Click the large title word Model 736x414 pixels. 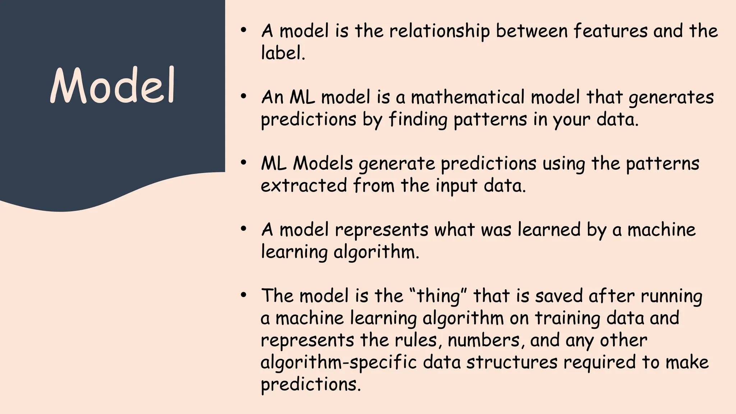point(112,85)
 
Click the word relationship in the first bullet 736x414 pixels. point(439,31)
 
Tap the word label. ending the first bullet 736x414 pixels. point(283,53)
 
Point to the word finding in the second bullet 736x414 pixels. point(418,120)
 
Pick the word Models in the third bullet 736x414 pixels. point(323,164)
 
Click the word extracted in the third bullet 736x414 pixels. point(304,186)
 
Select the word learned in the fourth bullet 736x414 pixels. point(549,230)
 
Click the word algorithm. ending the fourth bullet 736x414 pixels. point(376,252)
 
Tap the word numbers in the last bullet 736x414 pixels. point(484,340)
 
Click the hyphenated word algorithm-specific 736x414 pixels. point(339,362)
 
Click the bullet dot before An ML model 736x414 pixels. point(244,96)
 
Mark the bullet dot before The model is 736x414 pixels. point(244,295)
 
